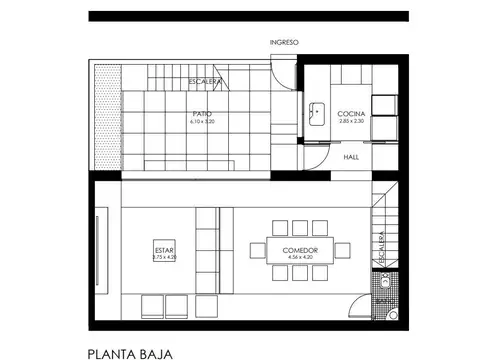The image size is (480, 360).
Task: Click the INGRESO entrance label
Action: point(285,42)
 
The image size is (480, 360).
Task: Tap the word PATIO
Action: point(203,115)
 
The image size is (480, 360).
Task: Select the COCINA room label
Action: point(351,114)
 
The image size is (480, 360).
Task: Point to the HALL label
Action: point(352,157)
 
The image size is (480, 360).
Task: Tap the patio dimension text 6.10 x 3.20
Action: point(203,122)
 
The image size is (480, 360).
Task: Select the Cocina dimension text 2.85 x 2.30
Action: point(351,121)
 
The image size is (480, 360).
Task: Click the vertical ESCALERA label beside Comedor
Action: point(381,251)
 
